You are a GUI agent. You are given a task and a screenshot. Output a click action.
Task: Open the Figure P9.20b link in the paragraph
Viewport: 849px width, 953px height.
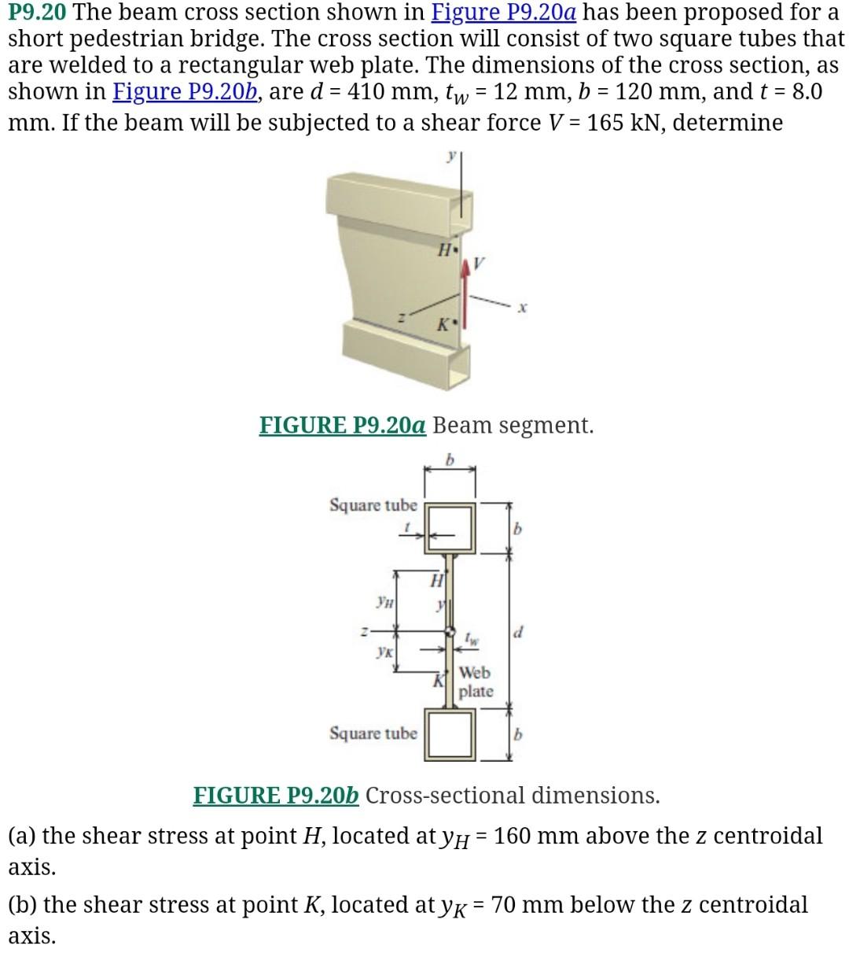click(x=186, y=91)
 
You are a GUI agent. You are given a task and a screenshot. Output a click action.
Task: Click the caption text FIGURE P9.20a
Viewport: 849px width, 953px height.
click(x=343, y=426)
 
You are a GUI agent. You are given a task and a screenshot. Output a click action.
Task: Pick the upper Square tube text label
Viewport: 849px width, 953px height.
click(x=373, y=504)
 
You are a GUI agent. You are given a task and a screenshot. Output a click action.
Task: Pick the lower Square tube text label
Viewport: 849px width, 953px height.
click(x=373, y=733)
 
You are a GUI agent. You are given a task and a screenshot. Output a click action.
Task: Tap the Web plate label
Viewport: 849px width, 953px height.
click(x=476, y=682)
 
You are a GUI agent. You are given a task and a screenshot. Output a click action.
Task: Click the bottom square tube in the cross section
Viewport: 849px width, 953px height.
click(x=450, y=734)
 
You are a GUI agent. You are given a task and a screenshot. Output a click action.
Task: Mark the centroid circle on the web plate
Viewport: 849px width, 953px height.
click(x=450, y=631)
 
